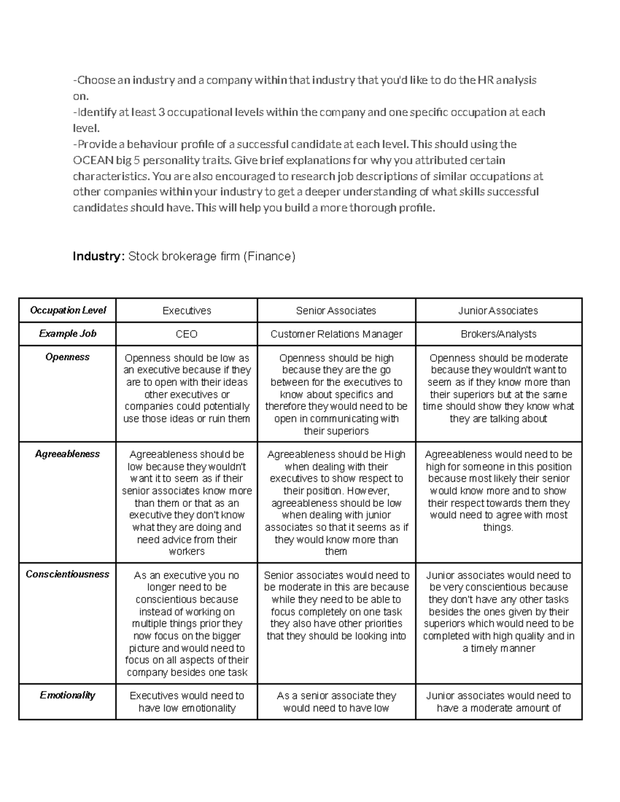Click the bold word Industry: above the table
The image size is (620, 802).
click(x=98, y=256)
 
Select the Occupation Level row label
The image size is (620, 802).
click(x=68, y=310)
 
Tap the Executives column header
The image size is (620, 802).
click(x=187, y=311)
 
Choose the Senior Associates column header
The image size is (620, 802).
click(x=336, y=311)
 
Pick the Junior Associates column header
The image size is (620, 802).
click(x=498, y=311)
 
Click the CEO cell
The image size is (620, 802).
click(x=187, y=334)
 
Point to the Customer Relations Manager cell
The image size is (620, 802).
click(x=336, y=334)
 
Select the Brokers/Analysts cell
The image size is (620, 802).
click(x=498, y=334)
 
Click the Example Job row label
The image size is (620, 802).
click(x=68, y=334)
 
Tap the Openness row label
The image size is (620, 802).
click(x=68, y=357)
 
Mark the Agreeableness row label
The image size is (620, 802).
click(x=68, y=454)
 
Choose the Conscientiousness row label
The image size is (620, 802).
click(x=68, y=574)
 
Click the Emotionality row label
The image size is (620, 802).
click(x=68, y=695)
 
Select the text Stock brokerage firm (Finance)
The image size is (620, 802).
click(x=212, y=256)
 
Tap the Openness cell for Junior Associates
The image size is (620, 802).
click(x=498, y=388)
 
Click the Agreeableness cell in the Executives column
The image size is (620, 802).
click(x=187, y=502)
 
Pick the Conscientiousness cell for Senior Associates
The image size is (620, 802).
click(x=336, y=605)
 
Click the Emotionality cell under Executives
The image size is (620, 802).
click(x=187, y=702)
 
